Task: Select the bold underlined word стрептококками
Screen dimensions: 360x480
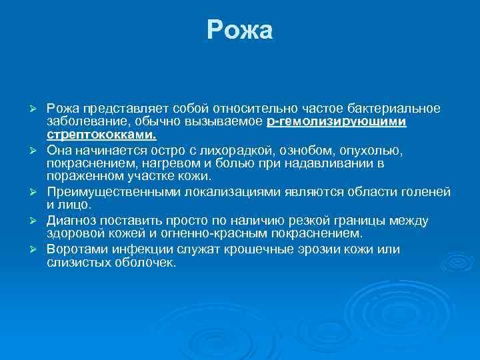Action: [x=101, y=134]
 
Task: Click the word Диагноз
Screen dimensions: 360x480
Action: [x=71, y=221]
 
